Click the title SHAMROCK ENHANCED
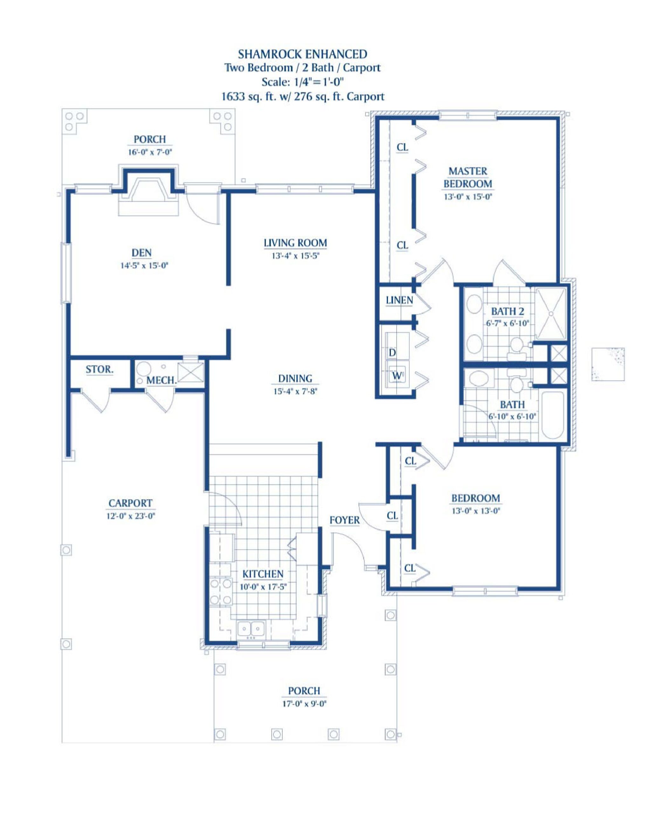[302, 54]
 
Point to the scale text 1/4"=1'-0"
[319, 82]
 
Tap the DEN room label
[142, 253]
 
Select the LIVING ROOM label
[295, 243]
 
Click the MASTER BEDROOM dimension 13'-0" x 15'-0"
[468, 197]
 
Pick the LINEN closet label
[399, 300]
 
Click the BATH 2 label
[508, 311]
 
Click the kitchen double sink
[251, 629]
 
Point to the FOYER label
[344, 521]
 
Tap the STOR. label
[99, 369]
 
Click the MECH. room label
[161, 380]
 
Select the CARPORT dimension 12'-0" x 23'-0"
[130, 516]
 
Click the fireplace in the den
[148, 192]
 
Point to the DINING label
[295, 378]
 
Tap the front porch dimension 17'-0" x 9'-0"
[304, 704]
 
